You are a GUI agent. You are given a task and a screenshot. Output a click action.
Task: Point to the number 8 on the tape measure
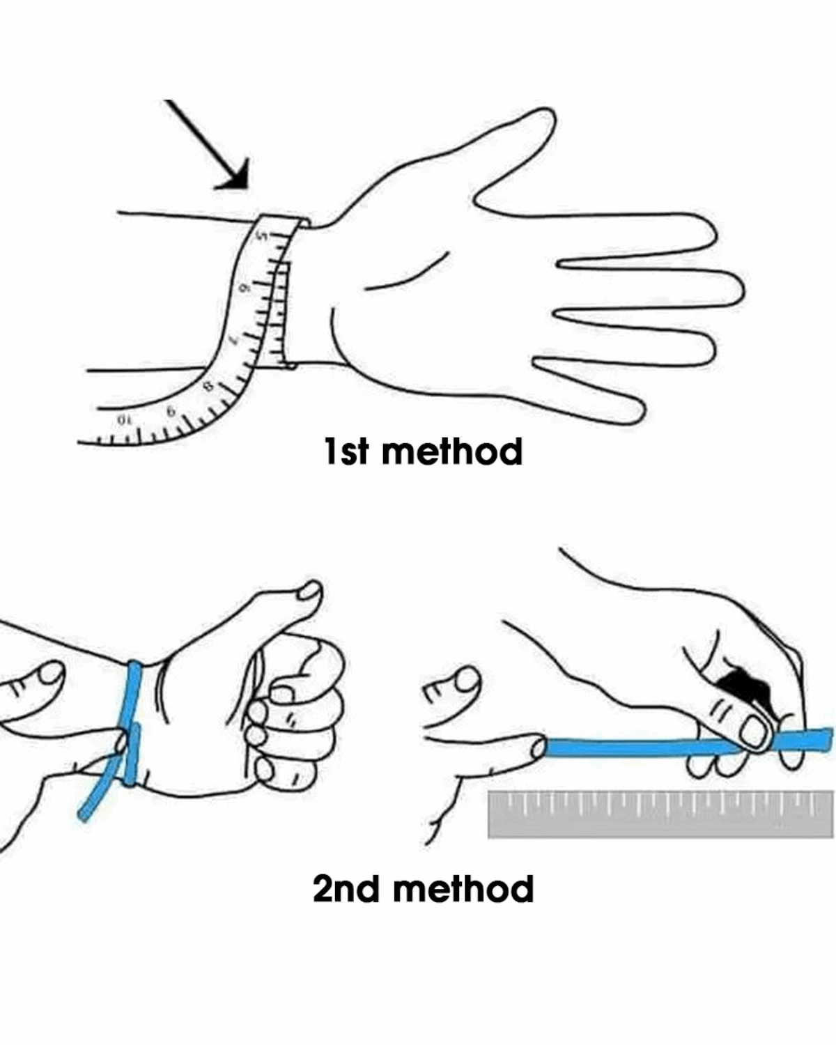tap(209, 386)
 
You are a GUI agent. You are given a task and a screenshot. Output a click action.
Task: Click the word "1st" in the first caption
tap(346, 451)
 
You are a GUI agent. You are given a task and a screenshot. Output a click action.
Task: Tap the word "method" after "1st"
tap(451, 451)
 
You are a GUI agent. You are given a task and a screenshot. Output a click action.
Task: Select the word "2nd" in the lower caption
tap(346, 889)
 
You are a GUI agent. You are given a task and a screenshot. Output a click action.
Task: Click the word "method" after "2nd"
tap(463, 889)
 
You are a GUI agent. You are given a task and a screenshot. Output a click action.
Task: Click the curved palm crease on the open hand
tap(407, 273)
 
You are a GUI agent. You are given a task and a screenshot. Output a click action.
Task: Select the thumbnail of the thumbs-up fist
tap(310, 591)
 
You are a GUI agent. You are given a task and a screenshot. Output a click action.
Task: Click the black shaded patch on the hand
tap(743, 684)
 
